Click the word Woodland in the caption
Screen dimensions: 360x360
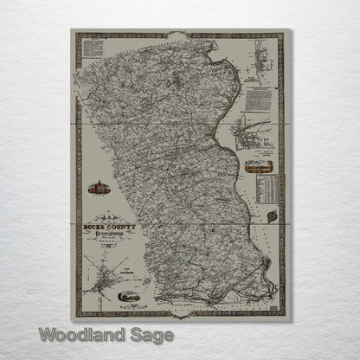click(75, 334)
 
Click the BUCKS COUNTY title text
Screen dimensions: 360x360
click(106, 223)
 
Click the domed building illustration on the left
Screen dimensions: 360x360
click(96, 188)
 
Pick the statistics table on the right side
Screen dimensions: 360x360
click(267, 186)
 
